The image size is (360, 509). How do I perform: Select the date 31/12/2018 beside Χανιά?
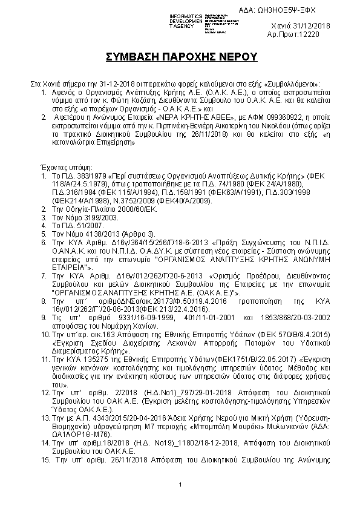321,26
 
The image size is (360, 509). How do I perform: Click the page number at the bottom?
180,485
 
